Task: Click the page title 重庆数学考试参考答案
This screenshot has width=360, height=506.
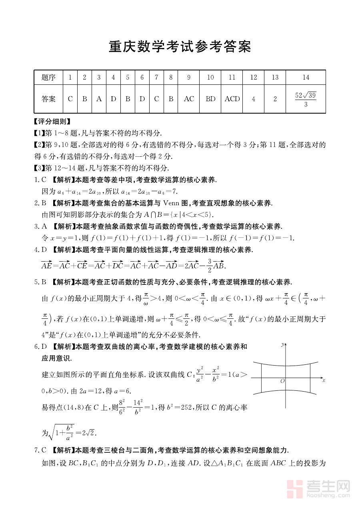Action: pos(180,47)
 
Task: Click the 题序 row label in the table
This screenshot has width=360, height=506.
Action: pos(48,77)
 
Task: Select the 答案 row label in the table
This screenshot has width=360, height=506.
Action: pos(48,99)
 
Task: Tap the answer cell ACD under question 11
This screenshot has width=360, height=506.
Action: pos(232,99)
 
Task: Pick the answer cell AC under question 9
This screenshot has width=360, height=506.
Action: pos(189,99)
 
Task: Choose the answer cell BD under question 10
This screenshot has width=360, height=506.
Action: pos(210,99)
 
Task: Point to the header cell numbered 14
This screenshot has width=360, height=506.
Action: pos(306,77)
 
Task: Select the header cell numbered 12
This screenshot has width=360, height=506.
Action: pos(253,77)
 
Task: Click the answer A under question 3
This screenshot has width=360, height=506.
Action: pos(99,99)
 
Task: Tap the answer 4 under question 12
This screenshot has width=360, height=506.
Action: pos(253,99)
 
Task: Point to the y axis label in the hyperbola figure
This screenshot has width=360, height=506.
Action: pos(282,344)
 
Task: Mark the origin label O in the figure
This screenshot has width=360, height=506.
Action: pos(282,382)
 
